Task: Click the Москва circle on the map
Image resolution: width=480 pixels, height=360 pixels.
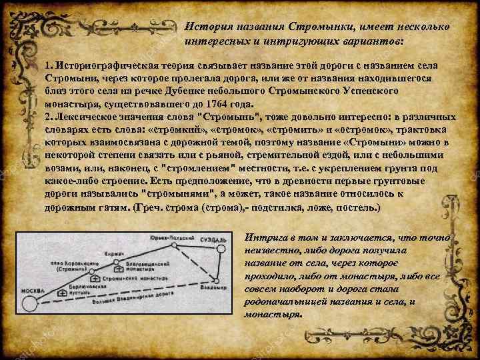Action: click(x=29, y=303)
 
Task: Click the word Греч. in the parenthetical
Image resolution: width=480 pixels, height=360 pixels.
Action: click(x=148, y=208)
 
